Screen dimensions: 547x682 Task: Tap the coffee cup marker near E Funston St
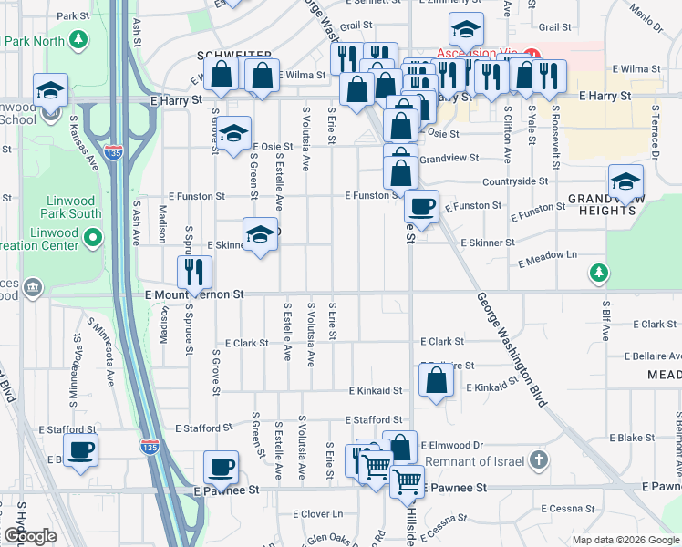coord(422,206)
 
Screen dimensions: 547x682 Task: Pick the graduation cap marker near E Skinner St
coord(260,234)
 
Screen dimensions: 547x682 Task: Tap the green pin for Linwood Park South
coord(92,239)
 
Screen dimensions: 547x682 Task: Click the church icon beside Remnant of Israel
coord(539,460)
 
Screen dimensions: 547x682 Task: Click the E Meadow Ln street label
coord(548,260)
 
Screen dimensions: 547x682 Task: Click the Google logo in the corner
coord(30,536)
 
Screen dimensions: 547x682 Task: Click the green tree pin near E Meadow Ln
coord(597,272)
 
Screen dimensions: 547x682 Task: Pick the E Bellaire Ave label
coord(653,356)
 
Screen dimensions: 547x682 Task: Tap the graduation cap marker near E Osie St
coord(234,133)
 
